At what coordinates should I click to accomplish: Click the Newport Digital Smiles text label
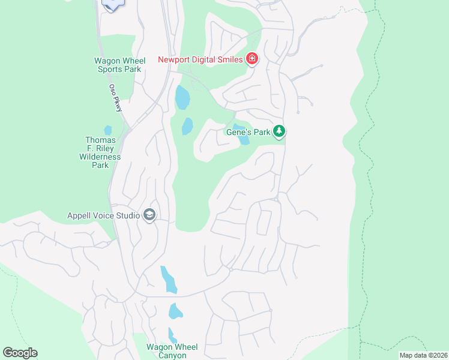click(x=200, y=59)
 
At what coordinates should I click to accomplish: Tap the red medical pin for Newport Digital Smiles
click(x=252, y=58)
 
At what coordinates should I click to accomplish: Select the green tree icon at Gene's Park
click(x=278, y=131)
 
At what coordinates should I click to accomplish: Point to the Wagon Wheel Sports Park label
click(x=118, y=65)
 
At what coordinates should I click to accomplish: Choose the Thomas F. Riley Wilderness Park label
click(x=100, y=152)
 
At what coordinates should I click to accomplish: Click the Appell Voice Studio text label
click(x=103, y=215)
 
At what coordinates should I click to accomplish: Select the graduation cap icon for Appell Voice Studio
click(x=149, y=215)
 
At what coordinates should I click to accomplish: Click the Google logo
click(x=20, y=353)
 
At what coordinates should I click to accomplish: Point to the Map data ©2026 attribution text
click(x=423, y=355)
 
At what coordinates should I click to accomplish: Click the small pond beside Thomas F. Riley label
click(x=108, y=130)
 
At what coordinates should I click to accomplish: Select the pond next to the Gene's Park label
click(x=243, y=140)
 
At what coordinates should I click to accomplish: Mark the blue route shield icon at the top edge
click(x=112, y=4)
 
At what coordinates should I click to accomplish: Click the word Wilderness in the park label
click(x=100, y=157)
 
